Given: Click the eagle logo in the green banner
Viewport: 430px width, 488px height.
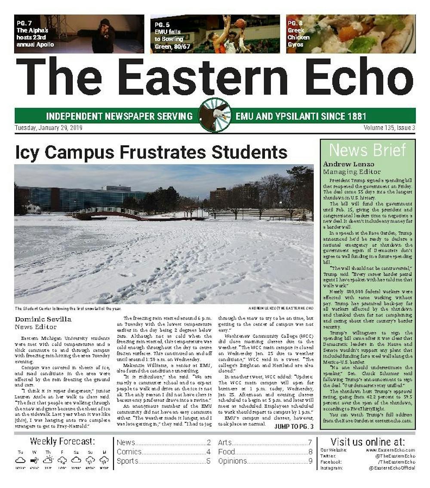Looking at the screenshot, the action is click(215, 115).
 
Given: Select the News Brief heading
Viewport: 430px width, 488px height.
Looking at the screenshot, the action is click(367, 150).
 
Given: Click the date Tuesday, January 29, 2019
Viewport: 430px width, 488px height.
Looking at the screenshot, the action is click(49, 128).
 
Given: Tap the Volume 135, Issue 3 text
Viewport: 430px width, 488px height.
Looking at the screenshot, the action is click(389, 128).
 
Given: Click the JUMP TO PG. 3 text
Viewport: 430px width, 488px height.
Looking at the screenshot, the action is click(294, 426).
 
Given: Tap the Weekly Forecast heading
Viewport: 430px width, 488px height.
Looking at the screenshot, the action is click(63, 442).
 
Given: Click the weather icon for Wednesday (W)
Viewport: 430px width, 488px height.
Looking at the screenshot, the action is click(34, 460).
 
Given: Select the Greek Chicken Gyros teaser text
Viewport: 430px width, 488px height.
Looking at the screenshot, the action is click(298, 34).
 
